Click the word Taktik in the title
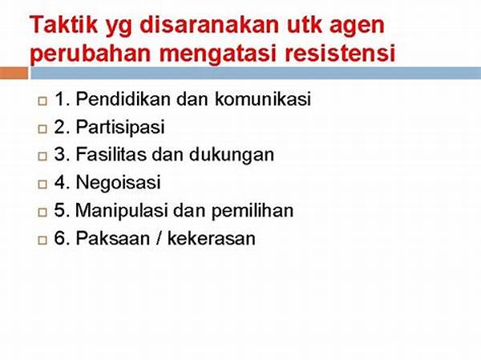pos(63,25)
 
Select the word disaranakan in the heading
pos(209,25)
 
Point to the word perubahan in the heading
pos(91,54)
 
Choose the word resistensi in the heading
pos(340,54)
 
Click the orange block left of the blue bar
pos(14,73)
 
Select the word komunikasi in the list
pos(263,99)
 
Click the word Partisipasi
pos(120,127)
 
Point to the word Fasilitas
pos(111,154)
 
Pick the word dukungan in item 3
pos(232,155)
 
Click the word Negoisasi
pos(118,182)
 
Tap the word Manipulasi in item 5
pos(122,211)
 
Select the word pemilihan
pos(253,211)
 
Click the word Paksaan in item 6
pos(112,238)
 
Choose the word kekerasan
pos(212,238)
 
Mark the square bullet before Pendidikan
pos(42,101)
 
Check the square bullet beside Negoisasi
pos(42,184)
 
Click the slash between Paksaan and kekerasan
pos(159,238)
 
